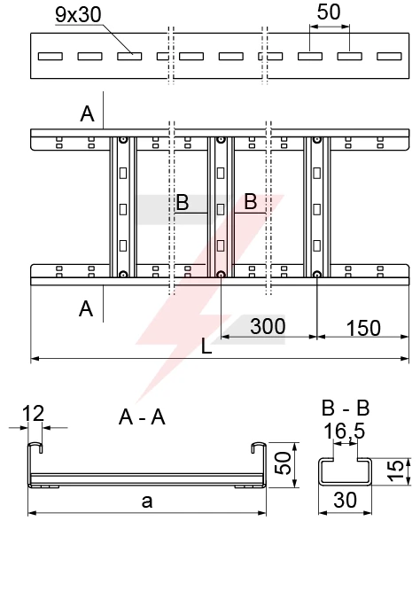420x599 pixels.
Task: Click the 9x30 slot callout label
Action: point(78,14)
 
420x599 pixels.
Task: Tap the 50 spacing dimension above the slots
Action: point(329,12)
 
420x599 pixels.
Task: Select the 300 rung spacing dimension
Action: point(268,326)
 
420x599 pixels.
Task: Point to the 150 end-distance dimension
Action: point(363,328)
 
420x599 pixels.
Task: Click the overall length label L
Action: point(206,346)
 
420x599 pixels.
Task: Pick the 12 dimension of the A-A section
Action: point(33,413)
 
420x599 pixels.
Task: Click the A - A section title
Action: point(142,416)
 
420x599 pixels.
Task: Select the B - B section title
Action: point(346,408)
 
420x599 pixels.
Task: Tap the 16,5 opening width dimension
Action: point(345,432)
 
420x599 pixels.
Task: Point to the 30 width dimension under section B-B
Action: point(345,500)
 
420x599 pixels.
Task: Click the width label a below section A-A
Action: point(147,502)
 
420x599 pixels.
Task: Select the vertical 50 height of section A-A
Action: point(283,463)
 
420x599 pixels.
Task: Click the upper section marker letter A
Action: point(87,113)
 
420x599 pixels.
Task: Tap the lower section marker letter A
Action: point(86,308)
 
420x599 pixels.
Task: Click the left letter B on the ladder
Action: point(183,202)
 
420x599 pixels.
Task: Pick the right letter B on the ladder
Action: point(251,201)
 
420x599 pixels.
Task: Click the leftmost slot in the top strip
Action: point(51,56)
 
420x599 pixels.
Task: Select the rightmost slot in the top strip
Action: point(389,56)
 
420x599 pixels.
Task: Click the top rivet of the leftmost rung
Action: point(122,140)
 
